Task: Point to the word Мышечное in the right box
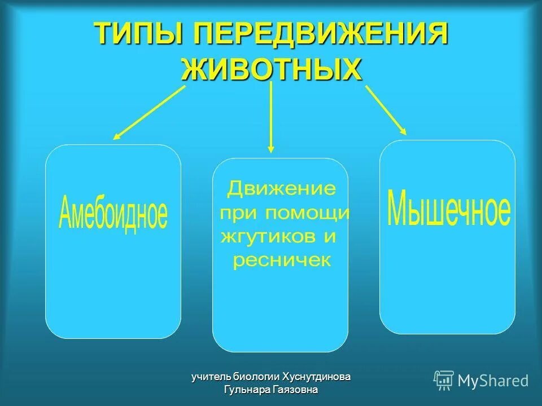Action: point(449,209)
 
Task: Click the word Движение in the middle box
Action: point(281,188)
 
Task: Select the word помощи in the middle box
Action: point(308,213)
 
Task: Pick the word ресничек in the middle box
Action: point(282,261)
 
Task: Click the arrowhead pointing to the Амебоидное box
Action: point(116,136)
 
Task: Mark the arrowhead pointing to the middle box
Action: point(271,149)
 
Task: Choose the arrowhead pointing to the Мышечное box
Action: point(403,131)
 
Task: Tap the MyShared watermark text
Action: point(493,381)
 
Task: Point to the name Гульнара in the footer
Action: point(249,389)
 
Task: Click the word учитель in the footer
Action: point(211,376)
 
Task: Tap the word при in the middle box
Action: point(234,213)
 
